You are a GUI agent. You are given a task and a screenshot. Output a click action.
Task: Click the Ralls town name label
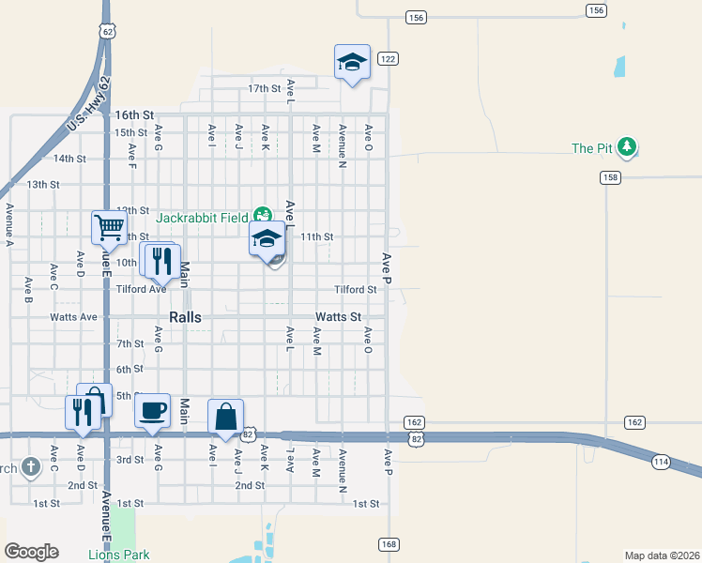click(186, 317)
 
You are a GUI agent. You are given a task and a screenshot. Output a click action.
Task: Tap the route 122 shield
click(388, 58)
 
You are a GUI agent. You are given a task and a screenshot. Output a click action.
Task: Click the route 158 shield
click(610, 177)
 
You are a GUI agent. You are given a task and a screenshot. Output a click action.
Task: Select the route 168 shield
click(388, 544)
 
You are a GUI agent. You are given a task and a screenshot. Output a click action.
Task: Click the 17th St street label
click(264, 88)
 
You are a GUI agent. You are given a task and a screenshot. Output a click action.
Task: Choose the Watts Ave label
click(73, 317)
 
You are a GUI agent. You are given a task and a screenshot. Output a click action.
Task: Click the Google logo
click(31, 552)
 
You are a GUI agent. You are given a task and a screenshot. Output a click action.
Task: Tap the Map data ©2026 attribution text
click(662, 555)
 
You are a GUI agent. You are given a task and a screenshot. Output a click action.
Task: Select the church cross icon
click(30, 466)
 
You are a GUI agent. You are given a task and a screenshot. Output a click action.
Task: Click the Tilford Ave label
click(141, 289)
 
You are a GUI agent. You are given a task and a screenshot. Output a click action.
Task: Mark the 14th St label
click(69, 159)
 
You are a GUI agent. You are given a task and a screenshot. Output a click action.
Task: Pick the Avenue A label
click(8, 223)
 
